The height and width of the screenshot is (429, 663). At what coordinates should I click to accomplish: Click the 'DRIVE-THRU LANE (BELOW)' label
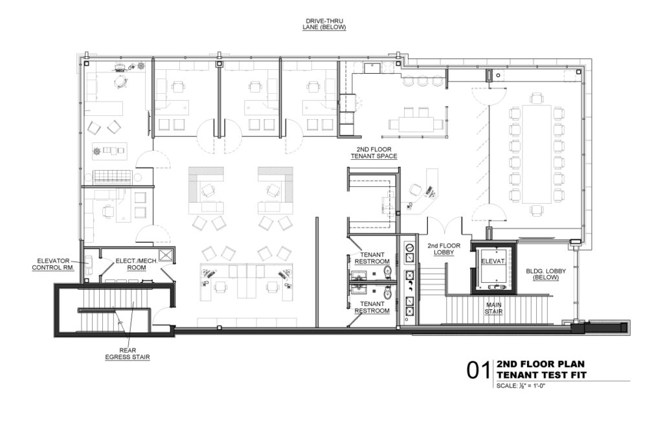click(324, 24)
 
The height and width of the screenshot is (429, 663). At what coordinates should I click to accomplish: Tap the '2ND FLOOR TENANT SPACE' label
click(374, 153)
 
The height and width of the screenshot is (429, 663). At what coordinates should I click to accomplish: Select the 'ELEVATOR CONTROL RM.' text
click(53, 265)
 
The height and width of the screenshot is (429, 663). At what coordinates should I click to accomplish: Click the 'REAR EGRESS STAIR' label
click(128, 354)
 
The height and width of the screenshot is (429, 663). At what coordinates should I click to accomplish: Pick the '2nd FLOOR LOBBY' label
click(444, 249)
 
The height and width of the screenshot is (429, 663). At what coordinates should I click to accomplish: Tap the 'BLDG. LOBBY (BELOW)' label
click(545, 274)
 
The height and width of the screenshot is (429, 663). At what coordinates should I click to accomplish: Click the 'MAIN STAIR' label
click(493, 308)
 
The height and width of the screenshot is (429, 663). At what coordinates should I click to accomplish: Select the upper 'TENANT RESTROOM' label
click(372, 258)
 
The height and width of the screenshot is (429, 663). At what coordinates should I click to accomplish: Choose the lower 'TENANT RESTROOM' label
click(372, 307)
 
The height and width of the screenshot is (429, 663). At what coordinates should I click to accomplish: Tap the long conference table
click(537, 154)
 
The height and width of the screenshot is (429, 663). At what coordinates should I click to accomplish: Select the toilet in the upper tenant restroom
click(387, 270)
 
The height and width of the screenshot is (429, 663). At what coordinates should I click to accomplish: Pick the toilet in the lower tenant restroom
click(387, 292)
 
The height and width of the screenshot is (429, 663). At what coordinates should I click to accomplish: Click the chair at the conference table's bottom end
click(537, 210)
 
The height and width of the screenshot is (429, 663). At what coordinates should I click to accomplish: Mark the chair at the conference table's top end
click(536, 99)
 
